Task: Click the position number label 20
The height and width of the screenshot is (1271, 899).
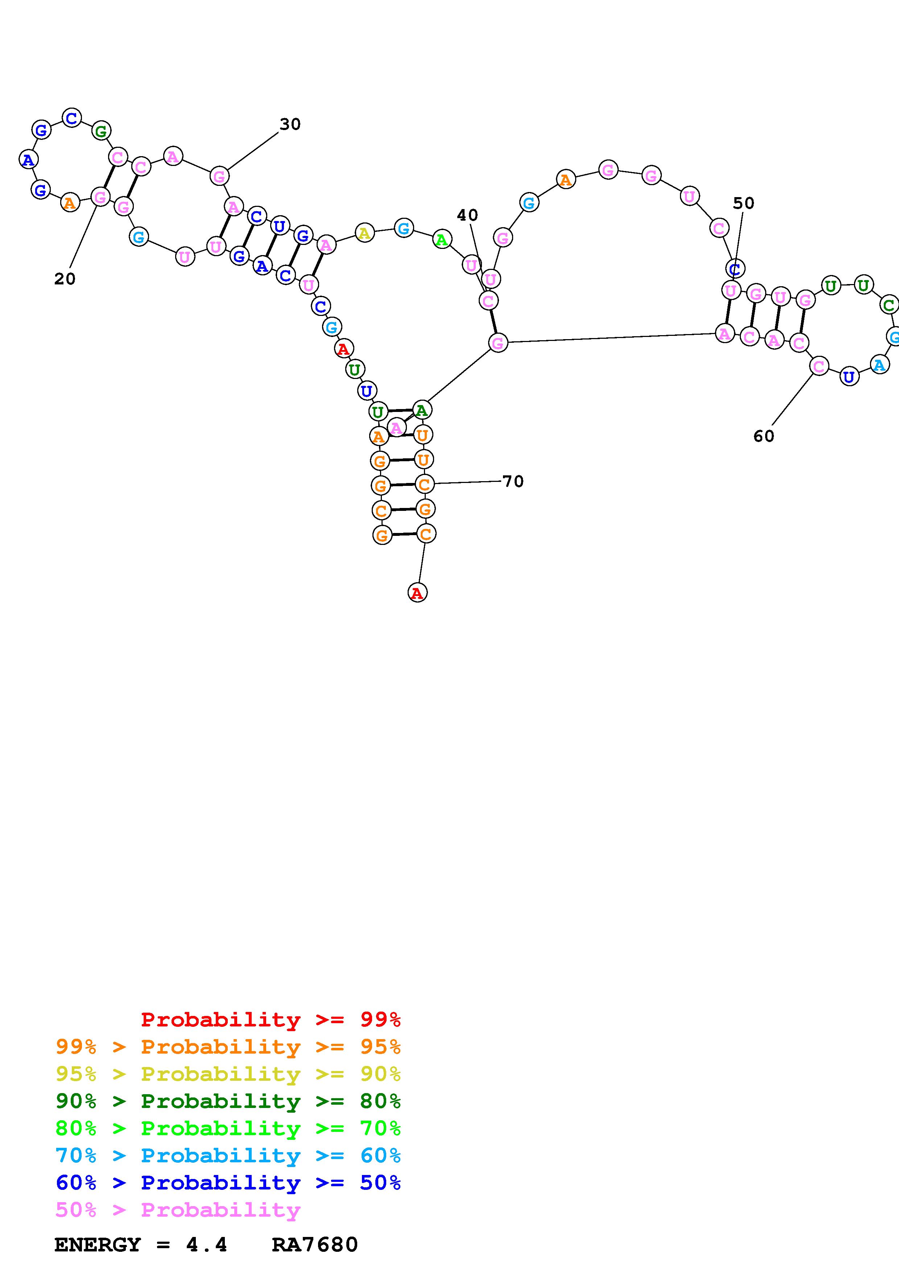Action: (65, 279)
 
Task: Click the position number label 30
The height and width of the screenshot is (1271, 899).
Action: (290, 125)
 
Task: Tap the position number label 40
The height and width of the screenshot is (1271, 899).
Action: (467, 215)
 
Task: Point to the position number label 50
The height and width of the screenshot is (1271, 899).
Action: (743, 203)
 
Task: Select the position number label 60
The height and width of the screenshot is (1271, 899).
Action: (763, 436)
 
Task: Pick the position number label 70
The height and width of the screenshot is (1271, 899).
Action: (513, 482)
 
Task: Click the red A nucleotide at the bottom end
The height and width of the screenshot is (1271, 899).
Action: (417, 593)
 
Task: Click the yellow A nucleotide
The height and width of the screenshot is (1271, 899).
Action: (364, 233)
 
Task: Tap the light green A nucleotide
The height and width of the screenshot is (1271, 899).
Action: (441, 240)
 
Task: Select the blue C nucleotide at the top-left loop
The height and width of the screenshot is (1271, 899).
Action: (71, 118)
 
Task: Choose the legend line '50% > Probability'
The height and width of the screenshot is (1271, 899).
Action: (178, 1210)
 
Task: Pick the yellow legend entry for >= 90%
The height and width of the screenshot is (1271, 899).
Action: (228, 1074)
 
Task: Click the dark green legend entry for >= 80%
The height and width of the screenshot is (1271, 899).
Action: (228, 1101)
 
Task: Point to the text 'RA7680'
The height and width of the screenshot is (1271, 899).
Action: (315, 1245)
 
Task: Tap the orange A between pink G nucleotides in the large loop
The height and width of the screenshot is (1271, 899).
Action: (565, 180)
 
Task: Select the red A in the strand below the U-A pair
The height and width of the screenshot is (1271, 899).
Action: (343, 349)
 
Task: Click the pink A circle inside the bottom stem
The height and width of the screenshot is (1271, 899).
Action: (396, 428)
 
